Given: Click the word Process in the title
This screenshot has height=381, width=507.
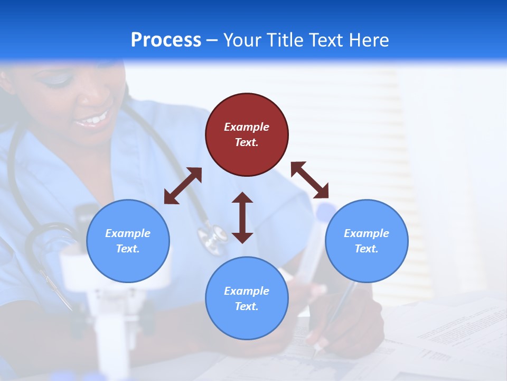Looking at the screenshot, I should click(166, 40).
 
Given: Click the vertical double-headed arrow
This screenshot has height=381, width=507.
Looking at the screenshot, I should click(242, 217).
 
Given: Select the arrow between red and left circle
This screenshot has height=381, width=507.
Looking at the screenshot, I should click(183, 186).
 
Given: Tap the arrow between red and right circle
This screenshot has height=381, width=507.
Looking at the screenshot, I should click(309, 180).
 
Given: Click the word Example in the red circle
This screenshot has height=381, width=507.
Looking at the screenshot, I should click(247, 127).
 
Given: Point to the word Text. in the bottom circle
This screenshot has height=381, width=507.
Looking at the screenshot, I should click(247, 306).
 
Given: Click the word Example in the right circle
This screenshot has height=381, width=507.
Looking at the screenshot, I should click(367, 233).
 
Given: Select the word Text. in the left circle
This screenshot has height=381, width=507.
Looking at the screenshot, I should click(128, 249).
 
